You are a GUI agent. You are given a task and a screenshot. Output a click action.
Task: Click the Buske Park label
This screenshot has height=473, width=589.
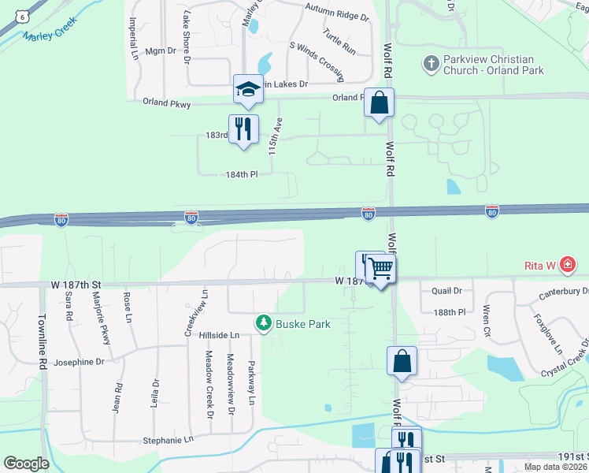(302, 324)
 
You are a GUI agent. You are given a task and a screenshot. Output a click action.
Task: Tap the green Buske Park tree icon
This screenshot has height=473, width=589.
(263, 323)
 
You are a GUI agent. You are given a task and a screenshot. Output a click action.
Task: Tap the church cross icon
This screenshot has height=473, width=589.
(430, 63)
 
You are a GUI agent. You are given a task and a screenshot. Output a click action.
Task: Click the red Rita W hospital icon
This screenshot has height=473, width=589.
(567, 266)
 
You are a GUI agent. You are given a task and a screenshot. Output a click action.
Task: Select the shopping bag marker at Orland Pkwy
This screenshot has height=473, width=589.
(379, 103)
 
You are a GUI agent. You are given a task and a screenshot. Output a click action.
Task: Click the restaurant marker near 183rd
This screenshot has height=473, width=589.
(243, 129)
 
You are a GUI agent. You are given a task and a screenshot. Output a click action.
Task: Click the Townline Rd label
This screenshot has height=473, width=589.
(40, 342)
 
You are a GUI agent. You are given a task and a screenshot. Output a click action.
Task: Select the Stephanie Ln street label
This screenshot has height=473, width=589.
(167, 439)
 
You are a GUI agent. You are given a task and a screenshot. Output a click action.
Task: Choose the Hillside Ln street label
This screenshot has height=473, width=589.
(219, 335)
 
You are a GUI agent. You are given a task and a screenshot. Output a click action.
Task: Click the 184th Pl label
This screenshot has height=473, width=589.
(242, 174)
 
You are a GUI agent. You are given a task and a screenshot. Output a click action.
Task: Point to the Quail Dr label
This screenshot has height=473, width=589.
(446, 290)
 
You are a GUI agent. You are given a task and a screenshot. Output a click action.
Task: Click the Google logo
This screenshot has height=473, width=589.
(26, 464)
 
